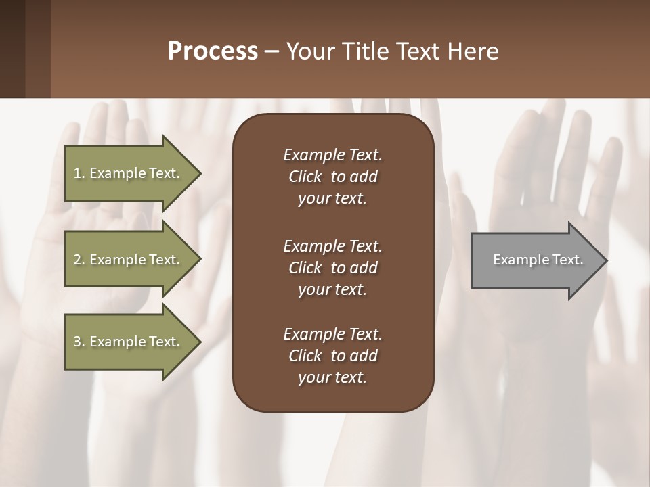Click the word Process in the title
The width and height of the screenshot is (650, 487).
[213, 51]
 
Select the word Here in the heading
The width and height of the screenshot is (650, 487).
[472, 51]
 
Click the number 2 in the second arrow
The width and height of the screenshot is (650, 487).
[77, 260]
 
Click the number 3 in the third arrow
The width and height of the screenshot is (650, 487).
[77, 342]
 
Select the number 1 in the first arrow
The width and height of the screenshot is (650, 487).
[77, 173]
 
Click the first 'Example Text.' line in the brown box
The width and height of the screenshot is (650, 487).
[332, 155]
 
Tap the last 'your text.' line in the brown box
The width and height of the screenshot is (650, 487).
[332, 377]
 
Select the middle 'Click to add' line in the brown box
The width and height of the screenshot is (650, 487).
[332, 268]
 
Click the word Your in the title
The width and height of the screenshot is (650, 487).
[308, 51]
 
